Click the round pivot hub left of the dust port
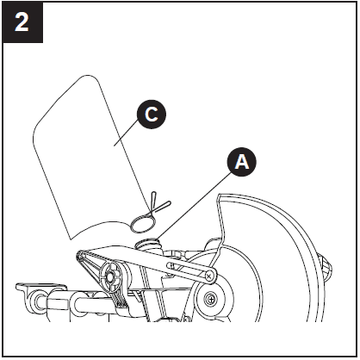coord(109,276)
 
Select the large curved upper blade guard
coord(276,250)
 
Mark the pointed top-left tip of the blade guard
coord(219,200)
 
